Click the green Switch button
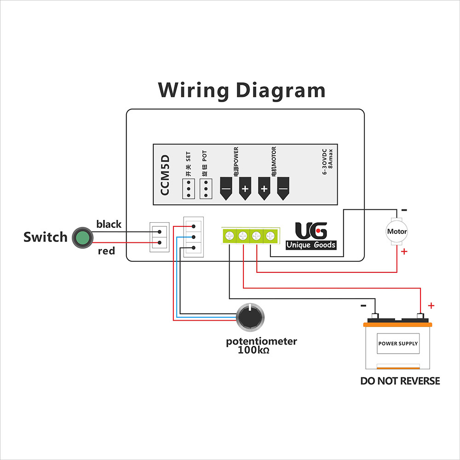coord(82,237)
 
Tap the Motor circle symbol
coord(397,232)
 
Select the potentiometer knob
coord(249,317)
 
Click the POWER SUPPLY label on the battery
coord(398,344)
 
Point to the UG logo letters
coord(311,230)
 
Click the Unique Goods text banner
coord(311,245)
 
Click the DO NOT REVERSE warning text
coord(400,381)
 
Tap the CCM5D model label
coord(165,175)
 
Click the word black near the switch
coord(109,224)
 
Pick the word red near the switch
coord(106,251)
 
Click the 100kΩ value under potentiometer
coord(253,350)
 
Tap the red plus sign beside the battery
coord(431,305)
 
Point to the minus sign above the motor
coord(403,209)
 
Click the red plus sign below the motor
coord(404,252)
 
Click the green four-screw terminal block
coord(250,236)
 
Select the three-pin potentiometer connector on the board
coord(193,237)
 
